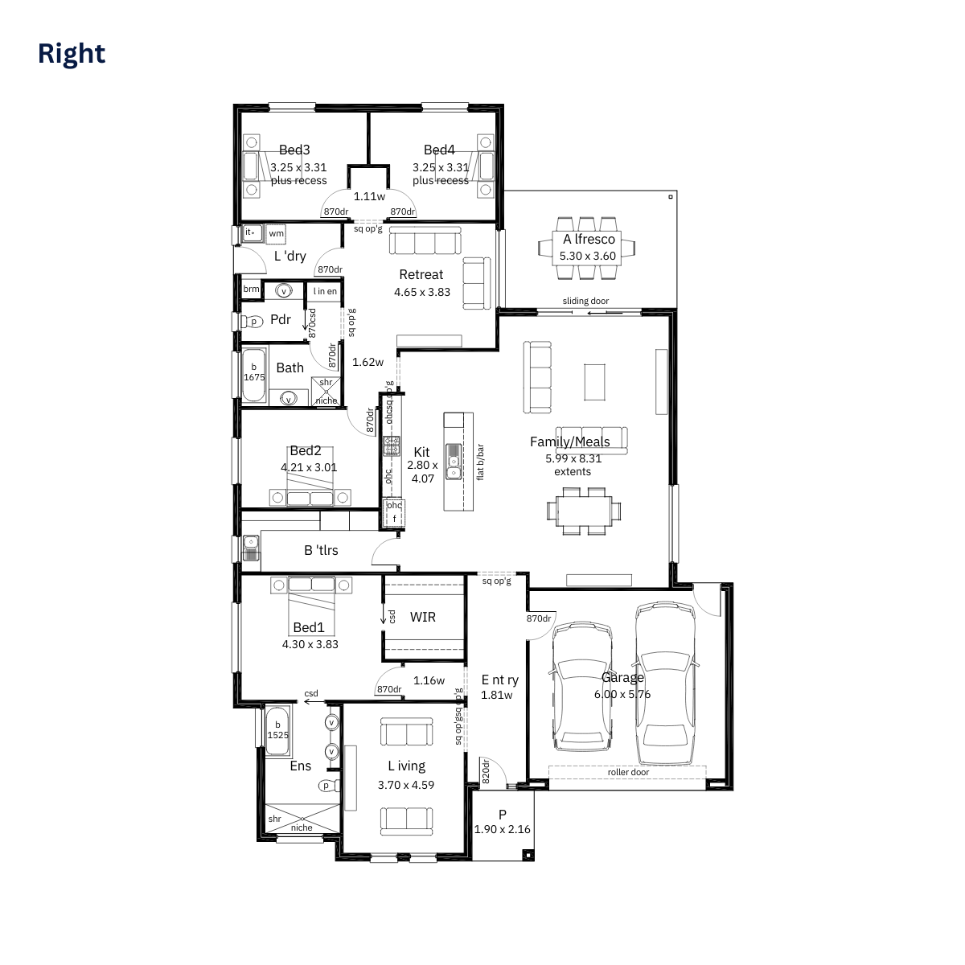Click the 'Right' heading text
point(72,53)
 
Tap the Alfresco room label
point(589,239)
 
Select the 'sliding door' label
point(585,301)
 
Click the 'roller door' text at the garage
point(628,772)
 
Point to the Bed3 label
point(294,150)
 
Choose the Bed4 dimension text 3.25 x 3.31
point(441,167)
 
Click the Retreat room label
point(421,274)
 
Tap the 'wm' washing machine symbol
point(277,233)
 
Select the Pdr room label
point(281,319)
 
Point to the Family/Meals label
point(570,441)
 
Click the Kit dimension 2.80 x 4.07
point(422,471)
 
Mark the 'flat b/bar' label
point(481,462)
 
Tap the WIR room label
point(423,617)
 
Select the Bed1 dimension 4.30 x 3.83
point(310,644)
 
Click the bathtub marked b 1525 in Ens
point(278,730)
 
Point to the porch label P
point(503,815)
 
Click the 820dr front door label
point(486,771)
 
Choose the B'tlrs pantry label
point(321,550)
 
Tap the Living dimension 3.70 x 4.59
point(406,785)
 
